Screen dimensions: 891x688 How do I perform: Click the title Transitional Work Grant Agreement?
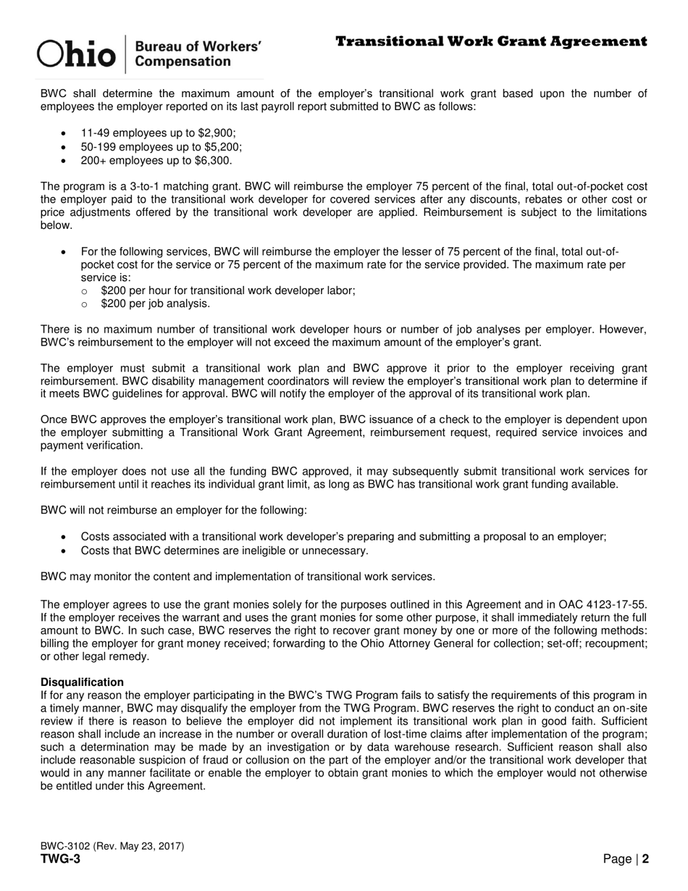tap(491, 41)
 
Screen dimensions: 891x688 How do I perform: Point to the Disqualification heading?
tap(82, 682)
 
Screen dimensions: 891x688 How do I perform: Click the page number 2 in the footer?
tap(645, 860)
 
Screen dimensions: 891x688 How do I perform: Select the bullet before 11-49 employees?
tap(64, 134)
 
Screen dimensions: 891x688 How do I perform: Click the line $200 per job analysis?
tap(156, 304)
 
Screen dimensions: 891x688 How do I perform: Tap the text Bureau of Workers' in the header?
tap(198, 46)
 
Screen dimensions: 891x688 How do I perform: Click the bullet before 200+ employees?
tap(64, 161)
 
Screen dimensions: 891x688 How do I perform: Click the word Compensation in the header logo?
tap(183, 62)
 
